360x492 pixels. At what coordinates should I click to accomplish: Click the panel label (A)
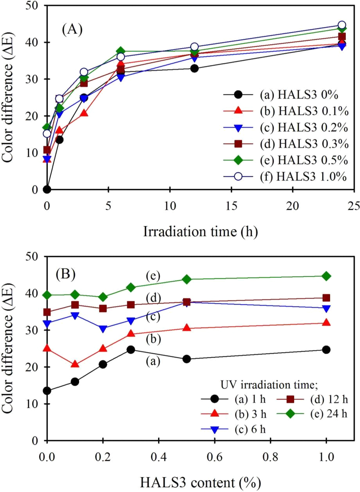72,29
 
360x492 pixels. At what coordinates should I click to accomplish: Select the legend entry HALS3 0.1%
304,111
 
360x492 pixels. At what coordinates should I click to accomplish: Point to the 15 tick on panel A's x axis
231,206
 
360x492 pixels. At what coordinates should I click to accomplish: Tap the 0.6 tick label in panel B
215,457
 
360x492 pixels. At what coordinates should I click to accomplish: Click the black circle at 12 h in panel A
195,69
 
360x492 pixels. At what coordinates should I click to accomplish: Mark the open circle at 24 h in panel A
342,25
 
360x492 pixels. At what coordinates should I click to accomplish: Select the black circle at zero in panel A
47,189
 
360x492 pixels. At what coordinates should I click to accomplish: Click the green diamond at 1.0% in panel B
326,276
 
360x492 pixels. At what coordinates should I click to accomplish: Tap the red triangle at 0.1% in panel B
75,364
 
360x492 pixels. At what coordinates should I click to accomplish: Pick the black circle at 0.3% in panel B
131,350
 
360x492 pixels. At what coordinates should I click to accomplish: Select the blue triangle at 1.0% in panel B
326,308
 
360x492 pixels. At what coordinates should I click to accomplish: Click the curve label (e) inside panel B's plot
153,276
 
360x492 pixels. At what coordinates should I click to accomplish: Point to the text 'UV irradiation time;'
269,385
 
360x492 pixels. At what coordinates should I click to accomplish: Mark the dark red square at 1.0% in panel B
326,298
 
